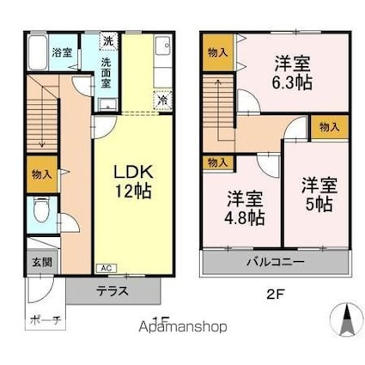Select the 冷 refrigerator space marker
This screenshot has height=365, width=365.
[x=162, y=100]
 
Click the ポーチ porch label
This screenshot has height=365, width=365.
[x=45, y=321]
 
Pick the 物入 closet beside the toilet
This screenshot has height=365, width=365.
[x=40, y=173]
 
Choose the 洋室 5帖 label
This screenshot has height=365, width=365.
[x=317, y=194]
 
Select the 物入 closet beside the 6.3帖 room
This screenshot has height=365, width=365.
[x=217, y=53]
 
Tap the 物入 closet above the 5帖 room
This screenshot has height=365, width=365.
[x=328, y=126]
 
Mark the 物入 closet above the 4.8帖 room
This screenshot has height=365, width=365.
[x=217, y=162]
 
